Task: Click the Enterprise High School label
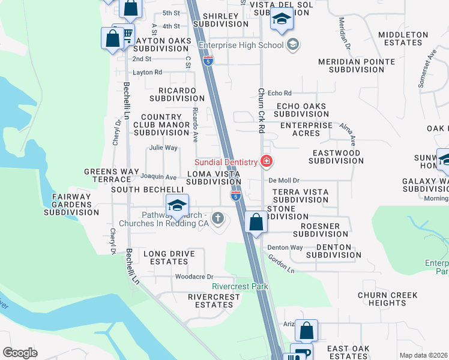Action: pyautogui.click(x=241, y=44)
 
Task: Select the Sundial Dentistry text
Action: pyautogui.click(x=226, y=163)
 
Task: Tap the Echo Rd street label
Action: pyautogui.click(x=279, y=93)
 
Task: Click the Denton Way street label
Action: pyautogui.click(x=285, y=247)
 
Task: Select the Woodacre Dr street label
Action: pyautogui.click(x=194, y=277)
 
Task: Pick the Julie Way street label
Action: pyautogui.click(x=163, y=148)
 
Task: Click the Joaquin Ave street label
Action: pyautogui.click(x=158, y=177)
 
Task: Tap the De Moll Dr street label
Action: pyautogui.click(x=284, y=180)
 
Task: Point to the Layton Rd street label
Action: pyautogui.click(x=148, y=72)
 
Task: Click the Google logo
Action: pyautogui.click(x=20, y=353)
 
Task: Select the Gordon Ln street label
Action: pyautogui.click(x=281, y=263)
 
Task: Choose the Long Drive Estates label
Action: pyautogui.click(x=169, y=258)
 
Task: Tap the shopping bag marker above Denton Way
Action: pyautogui.click(x=256, y=221)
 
